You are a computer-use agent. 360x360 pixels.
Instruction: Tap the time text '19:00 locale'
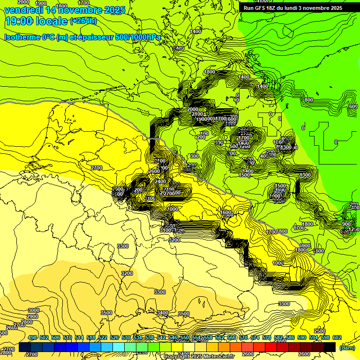click(36, 21)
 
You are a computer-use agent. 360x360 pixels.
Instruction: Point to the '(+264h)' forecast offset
click(83, 21)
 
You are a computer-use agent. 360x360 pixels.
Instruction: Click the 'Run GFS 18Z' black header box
click(292, 7)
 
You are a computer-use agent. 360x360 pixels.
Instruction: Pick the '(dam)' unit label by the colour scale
click(346, 348)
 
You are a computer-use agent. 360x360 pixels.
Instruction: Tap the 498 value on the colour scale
click(32, 337)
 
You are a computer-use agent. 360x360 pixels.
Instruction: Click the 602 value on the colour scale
click(337, 337)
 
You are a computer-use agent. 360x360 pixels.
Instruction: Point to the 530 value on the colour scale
click(126, 337)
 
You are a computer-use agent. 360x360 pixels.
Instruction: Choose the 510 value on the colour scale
click(67, 337)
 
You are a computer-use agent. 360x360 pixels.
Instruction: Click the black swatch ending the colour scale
click(330, 347)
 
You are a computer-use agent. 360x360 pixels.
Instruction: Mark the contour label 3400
click(163, 313)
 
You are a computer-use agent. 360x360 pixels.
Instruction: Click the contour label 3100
click(165, 230)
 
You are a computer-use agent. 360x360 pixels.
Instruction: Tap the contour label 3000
click(33, 310)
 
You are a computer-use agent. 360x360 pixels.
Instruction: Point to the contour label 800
click(308, 100)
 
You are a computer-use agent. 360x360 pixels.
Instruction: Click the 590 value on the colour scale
click(302, 337)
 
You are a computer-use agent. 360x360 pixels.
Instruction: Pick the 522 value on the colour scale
click(103, 337)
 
